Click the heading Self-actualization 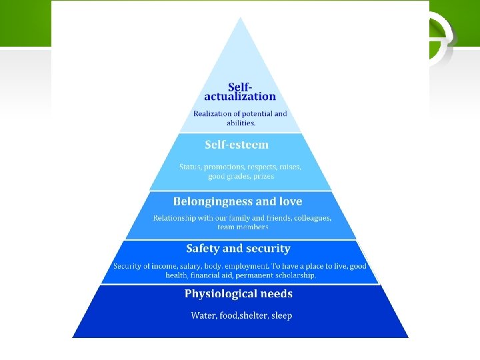pyautogui.click(x=240, y=92)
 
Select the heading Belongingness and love pyautogui.click(x=237, y=201)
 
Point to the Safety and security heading pyautogui.click(x=238, y=249)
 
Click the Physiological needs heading pyautogui.click(x=238, y=294)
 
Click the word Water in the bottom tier pyautogui.click(x=203, y=315)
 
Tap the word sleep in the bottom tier pyautogui.click(x=281, y=315)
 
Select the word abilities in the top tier pyautogui.click(x=241, y=123)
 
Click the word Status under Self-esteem pyautogui.click(x=191, y=167)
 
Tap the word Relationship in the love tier pyautogui.click(x=176, y=218)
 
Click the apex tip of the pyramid pyautogui.click(x=240, y=19)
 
